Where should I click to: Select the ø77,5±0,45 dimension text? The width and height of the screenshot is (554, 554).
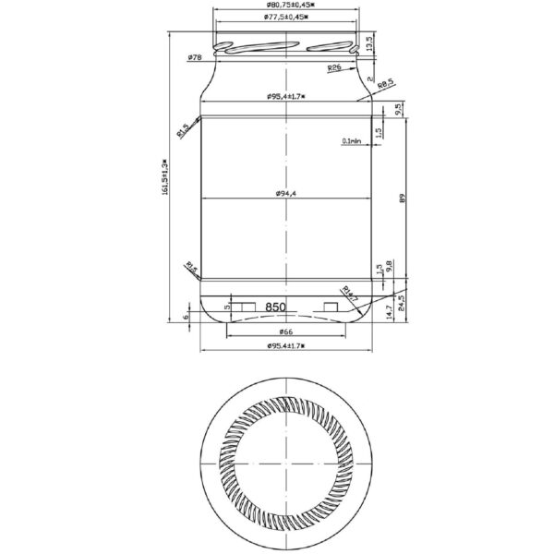click(285, 18)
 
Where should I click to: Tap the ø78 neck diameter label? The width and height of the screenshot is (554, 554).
click(195, 57)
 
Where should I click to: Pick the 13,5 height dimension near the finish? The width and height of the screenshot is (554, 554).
click(368, 42)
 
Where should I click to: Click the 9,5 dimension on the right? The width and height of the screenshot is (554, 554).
click(398, 109)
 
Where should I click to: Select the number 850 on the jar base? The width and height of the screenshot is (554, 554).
click(276, 306)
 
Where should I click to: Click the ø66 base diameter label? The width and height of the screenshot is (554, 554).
click(286, 331)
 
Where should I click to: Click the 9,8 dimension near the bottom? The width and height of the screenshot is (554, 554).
click(390, 267)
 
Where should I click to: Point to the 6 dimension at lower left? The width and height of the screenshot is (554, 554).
click(186, 316)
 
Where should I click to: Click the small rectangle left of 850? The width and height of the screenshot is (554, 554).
click(244, 306)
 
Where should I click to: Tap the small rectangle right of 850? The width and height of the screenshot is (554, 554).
click(332, 306)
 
